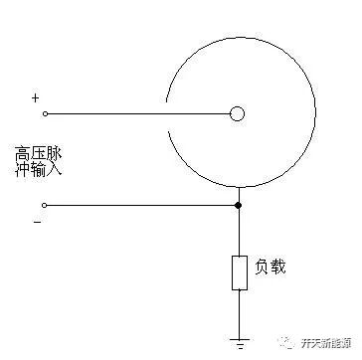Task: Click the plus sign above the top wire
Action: coord(36,97)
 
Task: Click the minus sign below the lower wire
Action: coord(37,221)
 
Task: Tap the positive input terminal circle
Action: coord(44,113)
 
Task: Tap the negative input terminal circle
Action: coord(44,205)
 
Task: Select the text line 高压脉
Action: coord(37,153)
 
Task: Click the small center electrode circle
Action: coord(237,113)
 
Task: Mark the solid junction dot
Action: coord(238,205)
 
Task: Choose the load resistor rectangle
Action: coord(239,272)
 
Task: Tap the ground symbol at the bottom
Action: coord(239,336)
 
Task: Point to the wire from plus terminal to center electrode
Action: coord(139,113)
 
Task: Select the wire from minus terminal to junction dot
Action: coord(139,205)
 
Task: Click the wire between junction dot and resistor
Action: coord(239,231)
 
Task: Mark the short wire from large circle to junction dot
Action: coord(238,195)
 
